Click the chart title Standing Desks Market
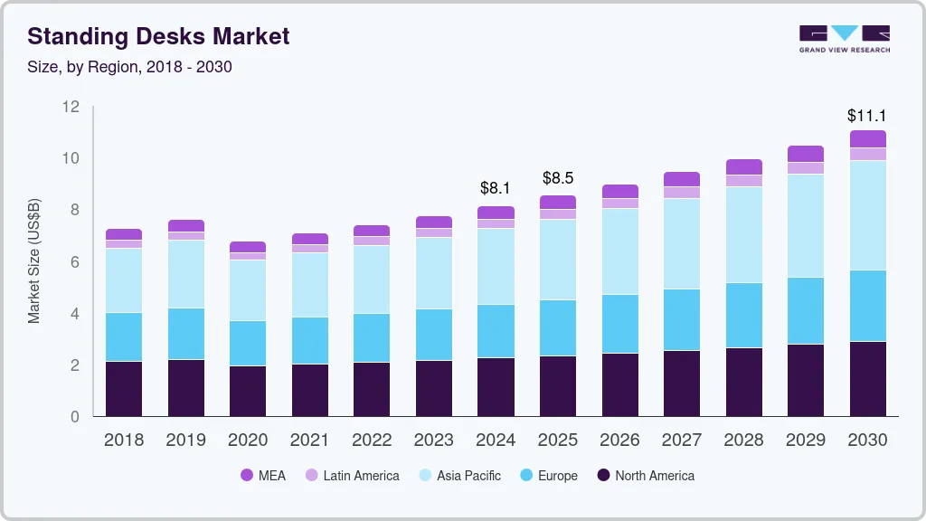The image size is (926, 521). [x=158, y=36]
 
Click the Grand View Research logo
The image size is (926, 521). [x=844, y=39]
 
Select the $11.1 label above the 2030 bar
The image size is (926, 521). [x=866, y=116]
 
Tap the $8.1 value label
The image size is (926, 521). [x=496, y=188]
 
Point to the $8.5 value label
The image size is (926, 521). [x=558, y=177]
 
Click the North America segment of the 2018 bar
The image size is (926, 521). [x=124, y=389]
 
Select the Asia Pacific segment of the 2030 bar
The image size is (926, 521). [x=868, y=215]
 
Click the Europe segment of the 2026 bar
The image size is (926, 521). [x=619, y=324]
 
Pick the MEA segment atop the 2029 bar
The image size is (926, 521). [x=806, y=154]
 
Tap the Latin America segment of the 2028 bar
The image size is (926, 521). [x=743, y=181]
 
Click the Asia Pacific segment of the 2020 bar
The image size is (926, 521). [x=248, y=290]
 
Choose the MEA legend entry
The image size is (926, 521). [x=263, y=475]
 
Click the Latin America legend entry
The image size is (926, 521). [x=352, y=475]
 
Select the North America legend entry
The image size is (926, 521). [x=646, y=475]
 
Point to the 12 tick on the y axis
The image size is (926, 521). [x=71, y=107]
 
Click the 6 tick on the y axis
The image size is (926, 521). [x=75, y=262]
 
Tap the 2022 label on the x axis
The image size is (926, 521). [x=372, y=440]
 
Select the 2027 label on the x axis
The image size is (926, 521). [x=682, y=440]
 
